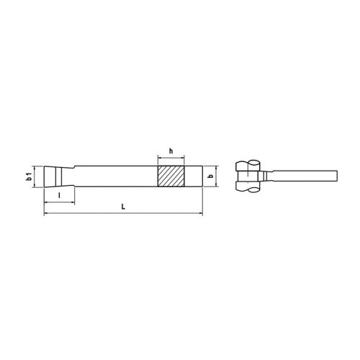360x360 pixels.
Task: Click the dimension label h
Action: [x=171, y=150]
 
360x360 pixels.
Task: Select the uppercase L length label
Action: [x=124, y=207]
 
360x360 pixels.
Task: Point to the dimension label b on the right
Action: [x=210, y=176]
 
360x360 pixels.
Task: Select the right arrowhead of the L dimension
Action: [x=201, y=213]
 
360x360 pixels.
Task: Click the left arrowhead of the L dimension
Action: [x=47, y=213]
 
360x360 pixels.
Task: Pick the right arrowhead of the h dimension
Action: [x=182, y=156]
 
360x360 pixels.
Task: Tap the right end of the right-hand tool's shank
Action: [x=337, y=176]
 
